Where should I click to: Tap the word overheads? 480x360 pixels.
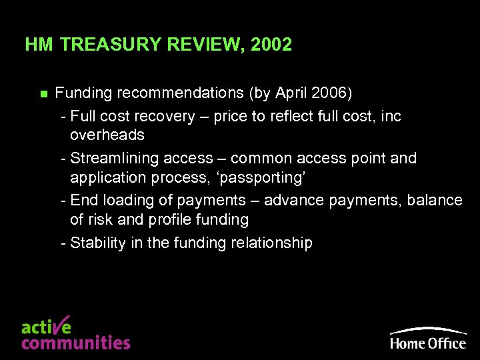(x=107, y=135)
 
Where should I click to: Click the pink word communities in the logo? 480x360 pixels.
(x=75, y=343)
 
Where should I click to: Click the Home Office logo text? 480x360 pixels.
(x=428, y=343)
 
